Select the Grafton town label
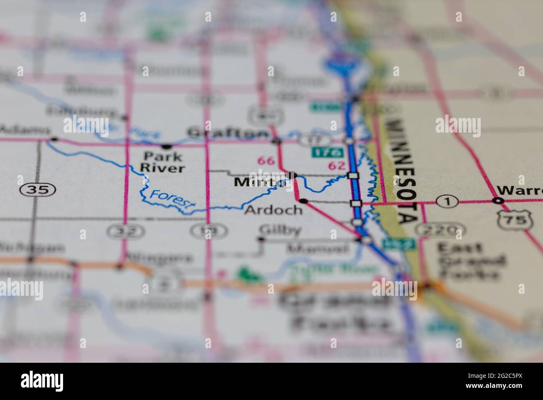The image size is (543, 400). [228, 133]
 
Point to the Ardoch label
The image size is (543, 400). [273, 210]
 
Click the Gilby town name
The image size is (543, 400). [280, 230]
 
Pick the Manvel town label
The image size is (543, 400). [317, 249]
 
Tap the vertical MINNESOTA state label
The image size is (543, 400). [403, 172]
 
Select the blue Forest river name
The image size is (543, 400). [172, 200]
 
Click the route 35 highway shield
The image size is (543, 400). [38, 190]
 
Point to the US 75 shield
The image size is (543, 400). [514, 218]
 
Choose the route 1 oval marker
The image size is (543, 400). [447, 202]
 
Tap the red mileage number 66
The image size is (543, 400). [266, 160]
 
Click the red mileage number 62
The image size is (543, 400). [337, 165]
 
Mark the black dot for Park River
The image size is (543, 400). [167, 146]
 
